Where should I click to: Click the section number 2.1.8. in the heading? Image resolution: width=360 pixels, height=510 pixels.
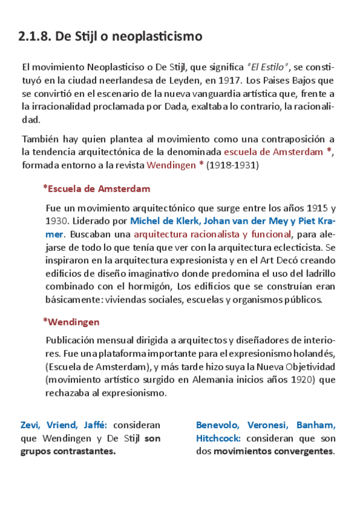[x=34, y=37]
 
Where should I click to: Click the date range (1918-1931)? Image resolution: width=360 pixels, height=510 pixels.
[x=233, y=165]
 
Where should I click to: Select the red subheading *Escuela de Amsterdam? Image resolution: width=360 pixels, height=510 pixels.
[x=96, y=189]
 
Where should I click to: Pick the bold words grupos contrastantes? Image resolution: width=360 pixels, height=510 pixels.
[x=67, y=452]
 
